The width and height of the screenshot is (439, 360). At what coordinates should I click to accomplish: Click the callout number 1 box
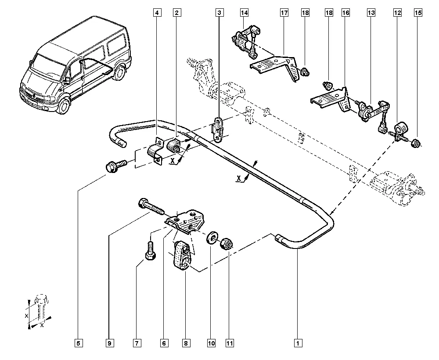tap(298, 343)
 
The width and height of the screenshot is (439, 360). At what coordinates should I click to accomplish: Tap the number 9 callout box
tap(109, 343)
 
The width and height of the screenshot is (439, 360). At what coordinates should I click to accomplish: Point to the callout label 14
tap(244, 13)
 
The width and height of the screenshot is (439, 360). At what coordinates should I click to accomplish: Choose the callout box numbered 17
tap(284, 13)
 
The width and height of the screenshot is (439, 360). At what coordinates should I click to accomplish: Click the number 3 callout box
tap(219, 13)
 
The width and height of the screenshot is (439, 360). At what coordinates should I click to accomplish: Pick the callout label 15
tap(417, 13)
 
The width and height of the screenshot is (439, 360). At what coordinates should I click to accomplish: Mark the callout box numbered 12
tap(397, 13)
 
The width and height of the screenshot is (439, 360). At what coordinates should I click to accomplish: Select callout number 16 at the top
tap(346, 13)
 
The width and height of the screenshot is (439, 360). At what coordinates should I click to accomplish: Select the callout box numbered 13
tap(371, 13)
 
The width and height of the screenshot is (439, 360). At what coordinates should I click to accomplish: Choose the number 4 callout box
tap(157, 13)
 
